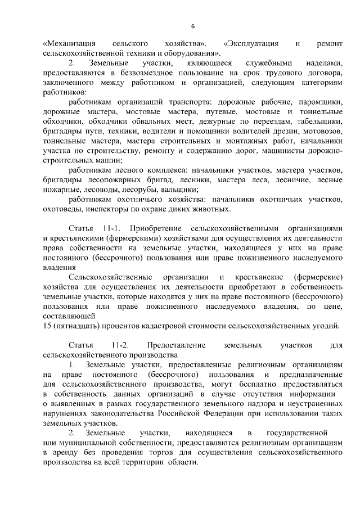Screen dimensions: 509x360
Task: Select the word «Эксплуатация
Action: coord(251,43)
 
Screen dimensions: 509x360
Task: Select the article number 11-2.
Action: coord(120,345)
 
